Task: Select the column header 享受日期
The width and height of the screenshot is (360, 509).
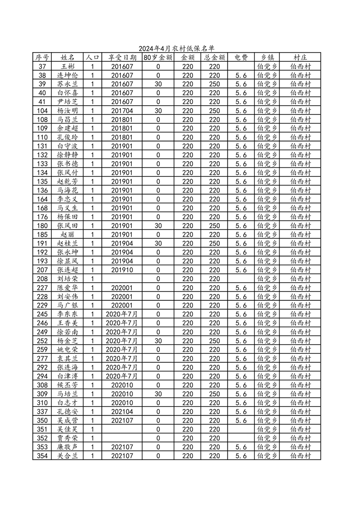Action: [122, 58]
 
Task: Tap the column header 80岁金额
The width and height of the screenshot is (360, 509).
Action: [158, 58]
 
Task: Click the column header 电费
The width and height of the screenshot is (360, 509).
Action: [241, 58]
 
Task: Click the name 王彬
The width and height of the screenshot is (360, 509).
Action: [68, 67]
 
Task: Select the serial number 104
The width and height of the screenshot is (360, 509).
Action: [42, 111]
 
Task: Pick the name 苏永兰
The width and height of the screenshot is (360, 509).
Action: [68, 84]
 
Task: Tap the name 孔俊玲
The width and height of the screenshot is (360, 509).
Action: [68, 137]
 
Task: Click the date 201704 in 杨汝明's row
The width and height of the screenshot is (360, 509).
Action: [122, 111]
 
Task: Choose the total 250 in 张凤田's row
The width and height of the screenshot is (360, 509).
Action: [214, 226]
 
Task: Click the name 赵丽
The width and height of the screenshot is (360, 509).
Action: [68, 235]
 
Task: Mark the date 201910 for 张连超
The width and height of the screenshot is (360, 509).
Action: [122, 270]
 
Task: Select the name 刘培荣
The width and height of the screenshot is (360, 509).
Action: [68, 279]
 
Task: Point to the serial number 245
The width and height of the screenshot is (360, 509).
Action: [42, 314]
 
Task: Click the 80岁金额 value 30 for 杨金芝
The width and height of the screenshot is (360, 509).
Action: [158, 341]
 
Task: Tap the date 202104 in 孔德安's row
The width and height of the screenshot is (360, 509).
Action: [122, 411]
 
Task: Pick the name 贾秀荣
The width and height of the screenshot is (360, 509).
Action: [68, 438]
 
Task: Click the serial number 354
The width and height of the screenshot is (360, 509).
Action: [42, 456]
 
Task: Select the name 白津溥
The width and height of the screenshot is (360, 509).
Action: [68, 376]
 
